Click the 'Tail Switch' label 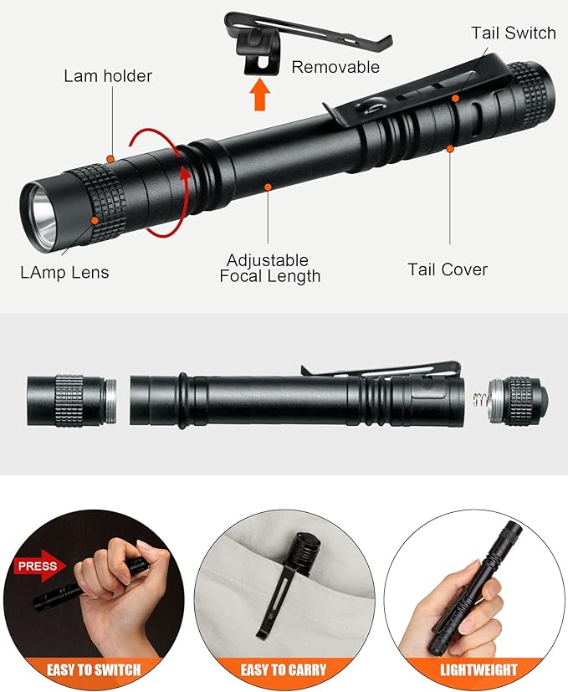513,33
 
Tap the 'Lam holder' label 108,76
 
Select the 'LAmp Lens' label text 64,272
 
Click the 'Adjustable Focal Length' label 269,268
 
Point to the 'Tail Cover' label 447,269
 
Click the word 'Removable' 335,67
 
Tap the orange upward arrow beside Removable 260,95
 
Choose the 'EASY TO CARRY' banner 284,669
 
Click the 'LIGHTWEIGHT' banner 478,669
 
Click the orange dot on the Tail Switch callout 456,98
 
